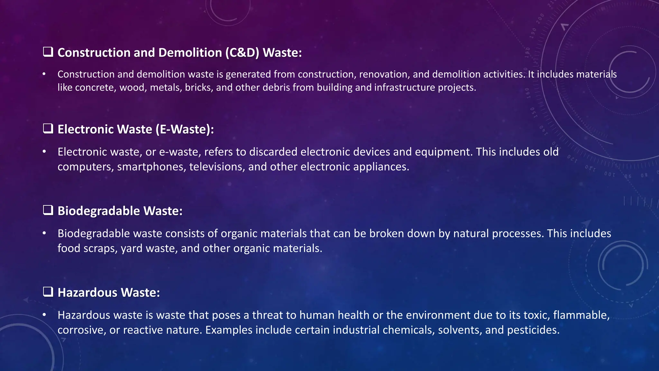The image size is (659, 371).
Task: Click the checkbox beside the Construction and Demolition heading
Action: pyautogui.click(x=48, y=52)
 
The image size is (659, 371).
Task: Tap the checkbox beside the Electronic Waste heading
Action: pyautogui.click(x=48, y=128)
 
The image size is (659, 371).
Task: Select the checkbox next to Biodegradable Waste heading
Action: pyautogui.click(x=48, y=210)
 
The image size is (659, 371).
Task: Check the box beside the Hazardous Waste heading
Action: pyautogui.click(x=48, y=292)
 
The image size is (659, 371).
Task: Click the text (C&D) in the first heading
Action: pyautogui.click(x=242, y=52)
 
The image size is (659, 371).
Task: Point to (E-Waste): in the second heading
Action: pyautogui.click(x=185, y=129)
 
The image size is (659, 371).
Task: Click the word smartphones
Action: pyautogui.click(x=152, y=167)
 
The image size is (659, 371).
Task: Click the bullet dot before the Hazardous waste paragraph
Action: pyautogui.click(x=44, y=315)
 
